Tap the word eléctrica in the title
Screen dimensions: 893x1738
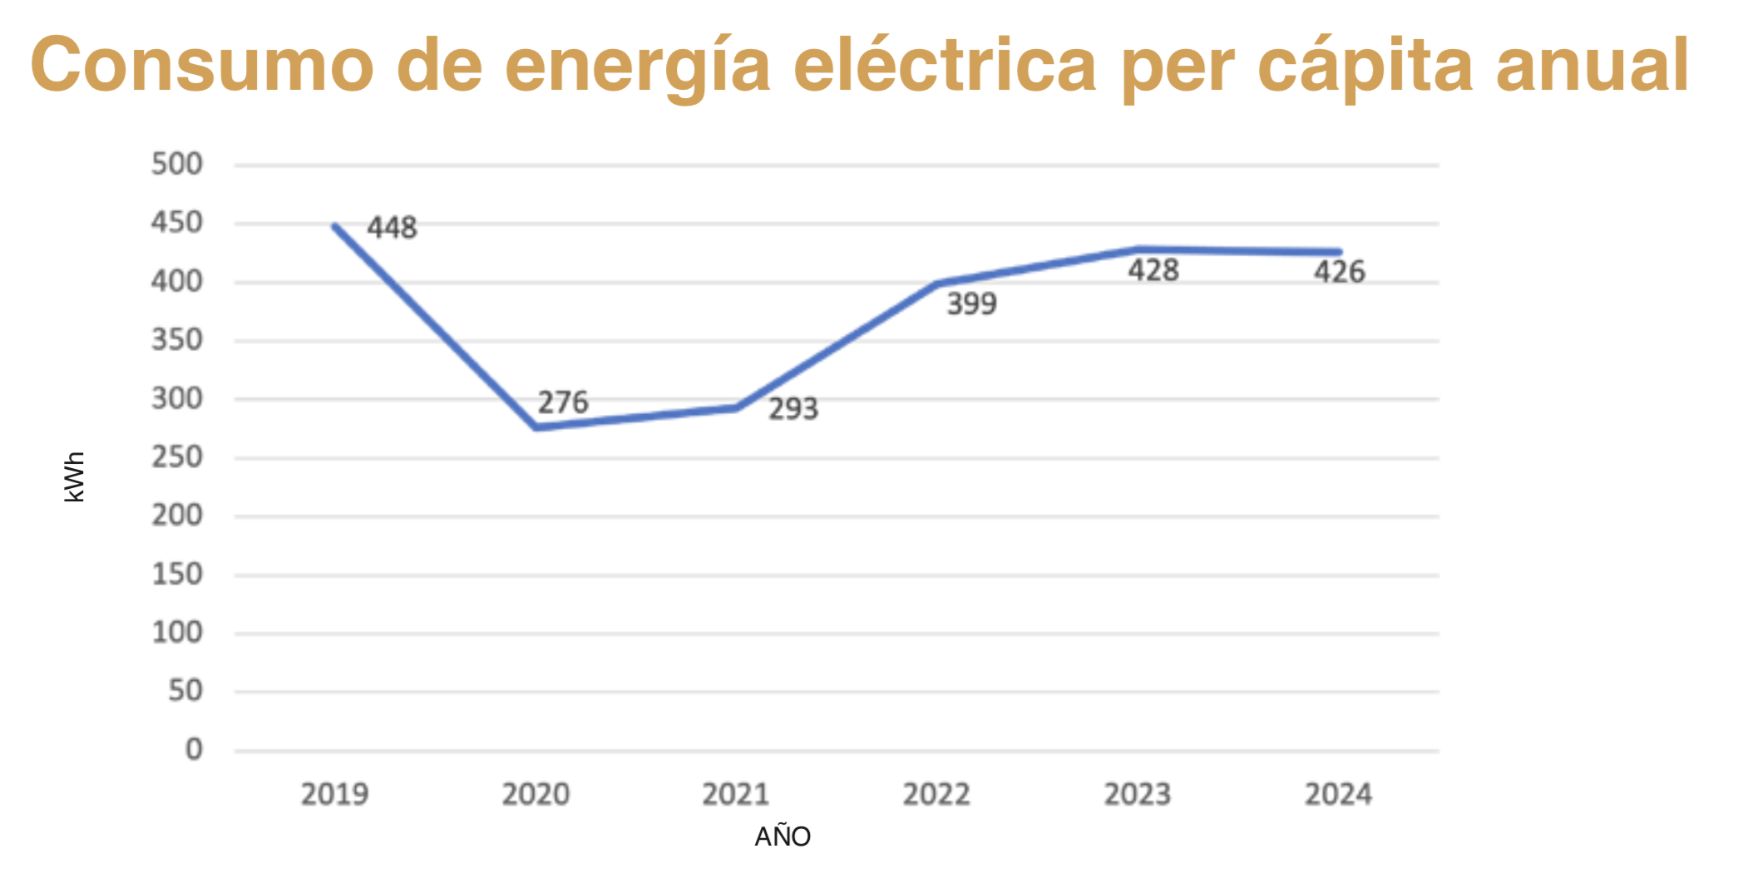[946, 65]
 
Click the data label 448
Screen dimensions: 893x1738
[392, 228]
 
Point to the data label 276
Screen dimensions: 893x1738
[563, 402]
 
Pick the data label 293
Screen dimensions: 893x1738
[793, 409]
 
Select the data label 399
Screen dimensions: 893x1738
[972, 303]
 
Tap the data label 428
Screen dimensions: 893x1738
[1153, 270]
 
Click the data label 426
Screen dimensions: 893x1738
[1340, 272]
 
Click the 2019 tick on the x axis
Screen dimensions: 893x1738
[334, 795]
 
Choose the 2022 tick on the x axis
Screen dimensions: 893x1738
[936, 795]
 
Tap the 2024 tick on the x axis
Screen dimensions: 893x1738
[1338, 795]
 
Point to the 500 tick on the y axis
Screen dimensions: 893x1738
[177, 164]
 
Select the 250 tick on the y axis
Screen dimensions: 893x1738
[177, 457]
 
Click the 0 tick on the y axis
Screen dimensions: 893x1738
[194, 750]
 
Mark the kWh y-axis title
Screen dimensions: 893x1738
[75, 477]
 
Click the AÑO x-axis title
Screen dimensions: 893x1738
[783, 836]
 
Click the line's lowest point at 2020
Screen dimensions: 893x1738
[536, 427]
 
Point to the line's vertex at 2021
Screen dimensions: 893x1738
[737, 407]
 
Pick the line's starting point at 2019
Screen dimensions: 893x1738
[334, 226]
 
